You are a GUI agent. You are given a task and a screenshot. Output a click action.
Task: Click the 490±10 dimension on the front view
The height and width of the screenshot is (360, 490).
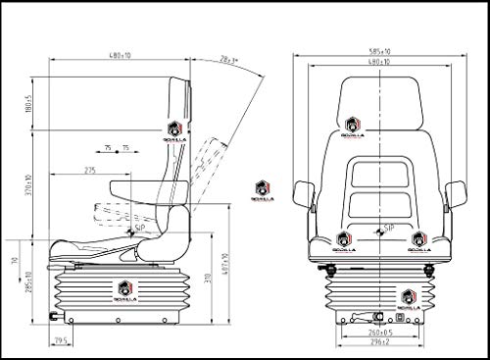[x=378, y=62]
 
